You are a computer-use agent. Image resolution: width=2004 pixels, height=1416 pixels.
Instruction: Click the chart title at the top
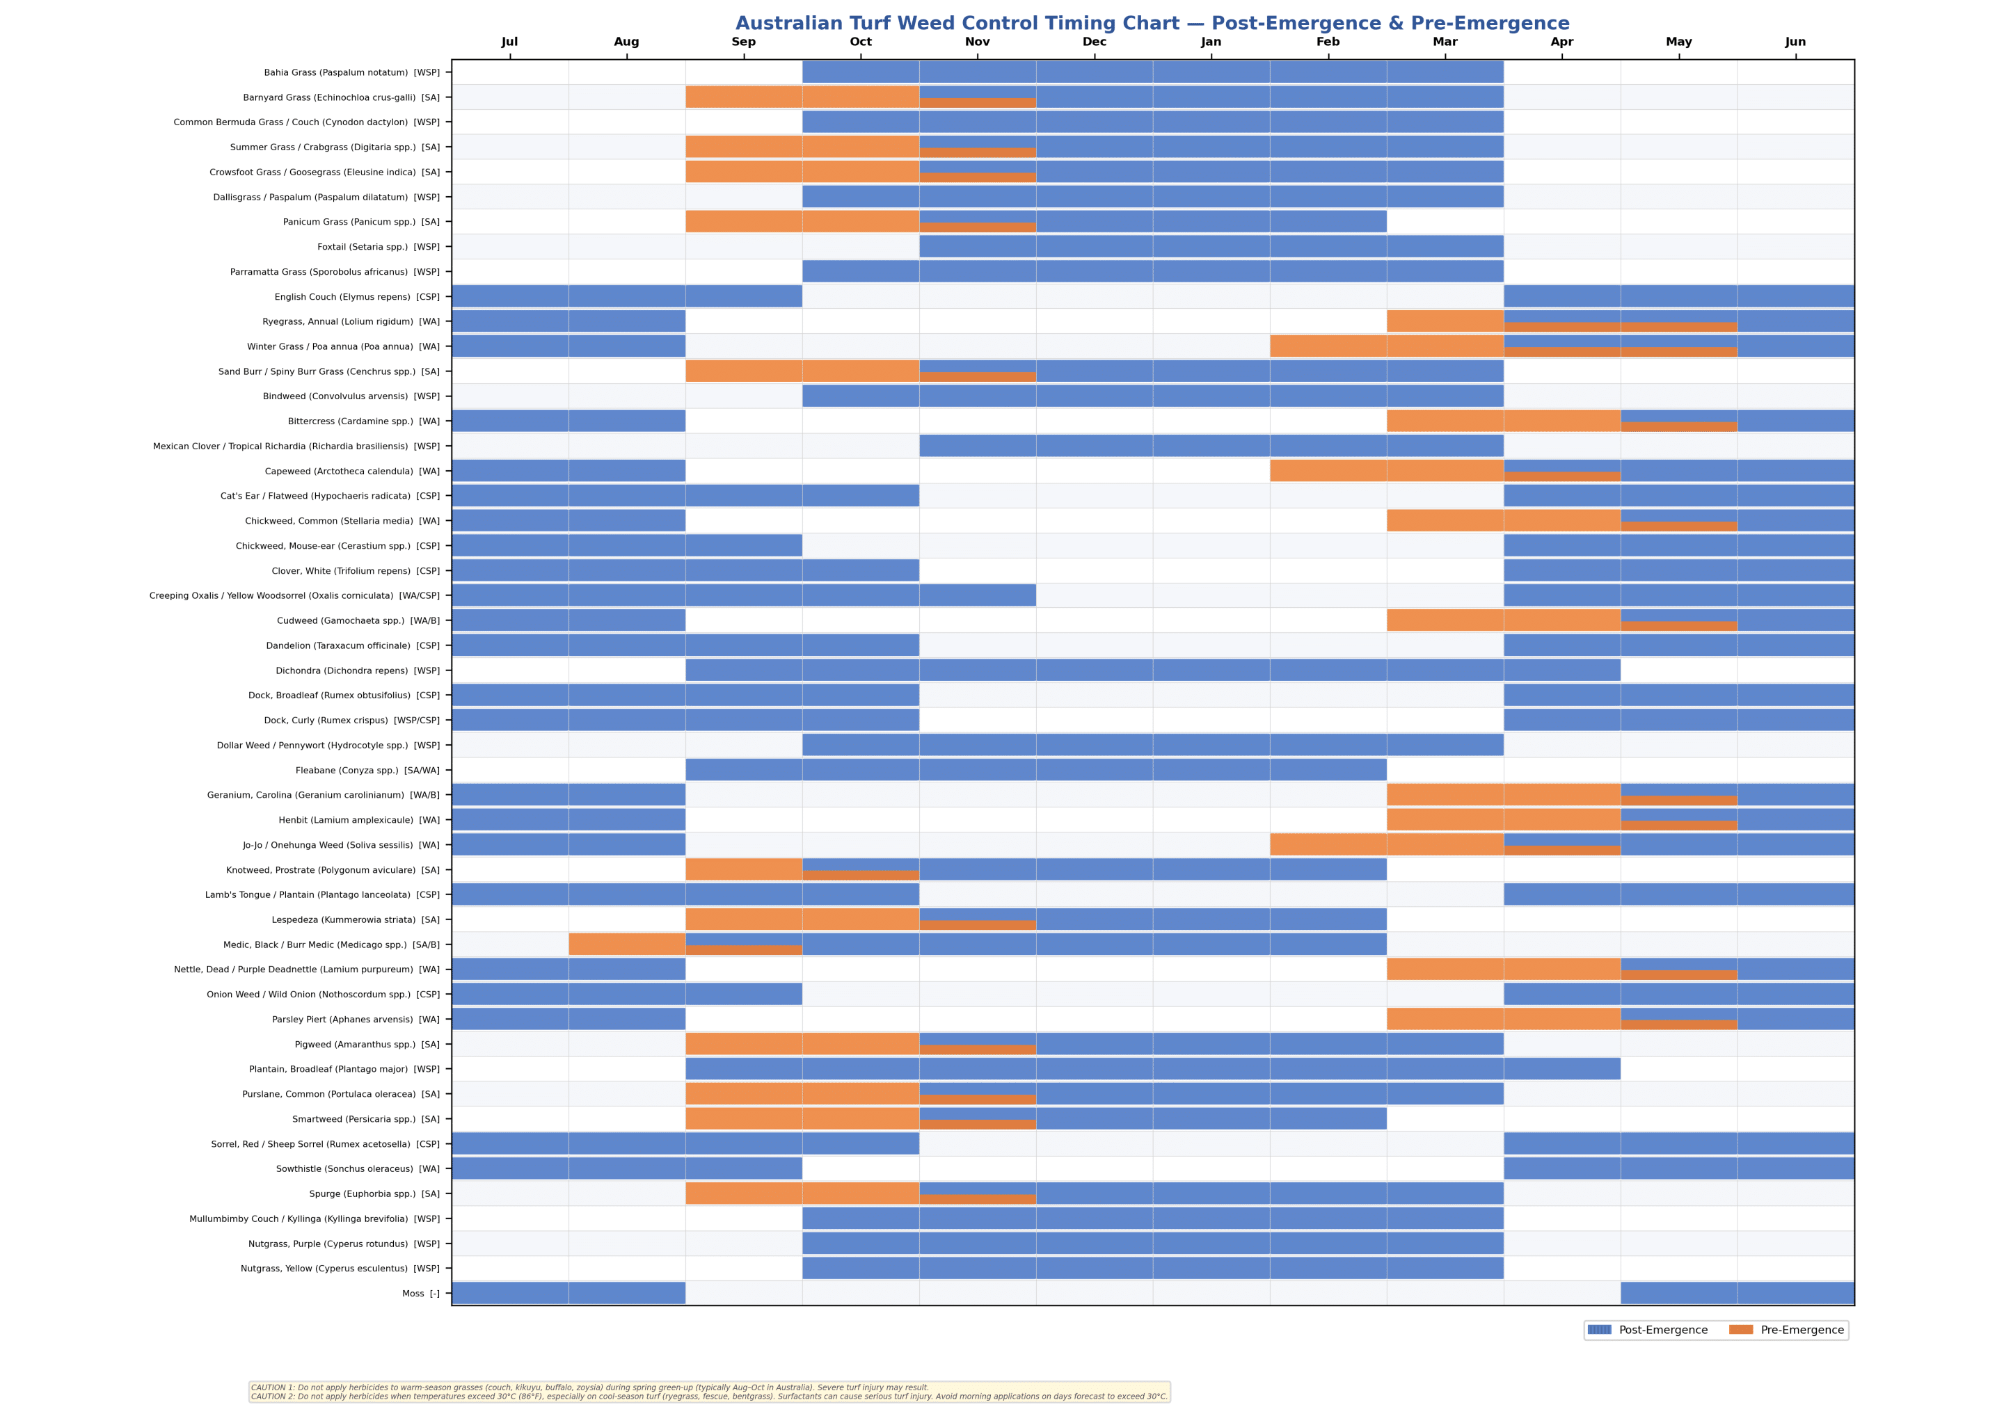pos(1152,24)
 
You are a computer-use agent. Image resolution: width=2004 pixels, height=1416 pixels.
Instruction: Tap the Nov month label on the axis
pos(977,42)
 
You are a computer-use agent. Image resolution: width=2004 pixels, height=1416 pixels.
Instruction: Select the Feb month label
pos(1328,42)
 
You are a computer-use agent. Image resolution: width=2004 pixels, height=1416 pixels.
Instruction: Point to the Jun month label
pos(1795,42)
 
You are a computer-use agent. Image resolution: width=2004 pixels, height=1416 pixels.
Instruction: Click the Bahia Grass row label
pos(352,72)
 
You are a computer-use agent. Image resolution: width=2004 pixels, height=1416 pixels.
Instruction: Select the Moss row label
pos(421,1294)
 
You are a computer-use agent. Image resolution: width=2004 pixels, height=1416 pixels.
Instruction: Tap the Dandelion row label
pos(353,645)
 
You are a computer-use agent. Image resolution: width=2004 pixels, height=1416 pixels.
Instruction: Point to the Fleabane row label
pos(367,771)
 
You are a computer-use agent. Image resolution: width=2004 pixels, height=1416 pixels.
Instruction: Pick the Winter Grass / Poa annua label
pos(343,346)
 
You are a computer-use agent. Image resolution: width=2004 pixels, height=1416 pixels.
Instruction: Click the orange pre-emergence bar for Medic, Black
pos(627,944)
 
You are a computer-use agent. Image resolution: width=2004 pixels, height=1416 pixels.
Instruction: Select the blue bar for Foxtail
pos(1211,247)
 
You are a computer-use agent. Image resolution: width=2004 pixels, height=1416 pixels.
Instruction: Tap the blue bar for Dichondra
pos(1152,670)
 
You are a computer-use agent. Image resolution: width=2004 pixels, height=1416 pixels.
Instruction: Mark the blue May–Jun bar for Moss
pos(1736,1293)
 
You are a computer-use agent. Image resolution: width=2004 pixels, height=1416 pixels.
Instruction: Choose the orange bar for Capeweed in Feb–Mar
pos(1386,471)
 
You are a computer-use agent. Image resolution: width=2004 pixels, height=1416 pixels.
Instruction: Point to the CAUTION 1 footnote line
pos(589,1387)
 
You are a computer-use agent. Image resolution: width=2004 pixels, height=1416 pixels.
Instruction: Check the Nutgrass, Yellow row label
pos(340,1269)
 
